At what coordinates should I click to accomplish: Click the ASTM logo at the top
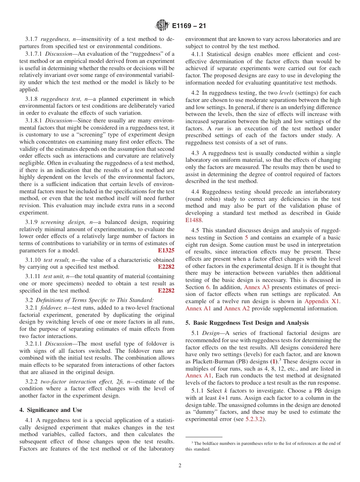pos(162,26)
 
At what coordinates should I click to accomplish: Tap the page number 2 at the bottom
pos(180,466)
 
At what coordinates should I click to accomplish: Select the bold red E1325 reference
pos(166,250)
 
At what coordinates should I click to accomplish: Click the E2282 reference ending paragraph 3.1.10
pos(166,267)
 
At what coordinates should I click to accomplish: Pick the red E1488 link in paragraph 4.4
pos(194,220)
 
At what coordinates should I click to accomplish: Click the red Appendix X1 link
pos(322,301)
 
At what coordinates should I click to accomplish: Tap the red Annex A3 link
pos(257,287)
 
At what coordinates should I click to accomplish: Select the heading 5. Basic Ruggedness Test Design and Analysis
pos(247,323)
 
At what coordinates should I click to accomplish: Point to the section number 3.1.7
pos(32,39)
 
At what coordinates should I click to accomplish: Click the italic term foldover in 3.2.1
pos(53,308)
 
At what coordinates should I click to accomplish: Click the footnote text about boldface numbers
pos(263,446)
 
